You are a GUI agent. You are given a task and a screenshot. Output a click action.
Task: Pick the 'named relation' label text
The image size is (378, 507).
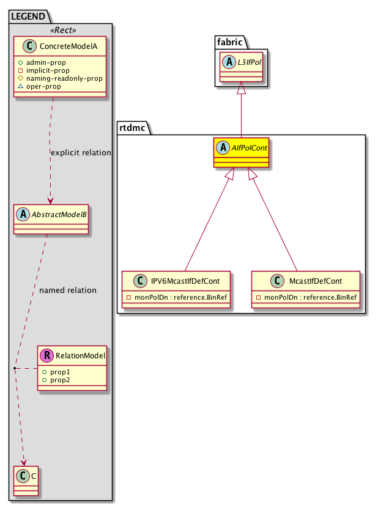[x=67, y=290]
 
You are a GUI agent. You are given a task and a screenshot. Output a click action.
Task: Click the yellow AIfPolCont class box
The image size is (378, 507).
[x=240, y=152]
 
